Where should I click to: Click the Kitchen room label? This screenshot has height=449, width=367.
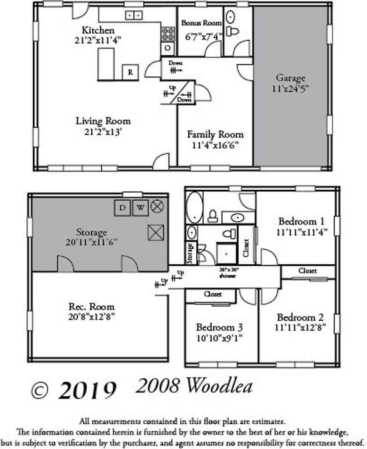(98, 30)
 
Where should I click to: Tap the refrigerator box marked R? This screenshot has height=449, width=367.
(130, 72)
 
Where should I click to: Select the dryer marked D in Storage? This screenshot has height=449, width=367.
(123, 207)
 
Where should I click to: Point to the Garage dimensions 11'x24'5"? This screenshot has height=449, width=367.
(290, 87)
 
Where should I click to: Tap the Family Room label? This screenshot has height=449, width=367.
(215, 134)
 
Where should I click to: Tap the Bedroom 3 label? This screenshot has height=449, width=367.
(219, 326)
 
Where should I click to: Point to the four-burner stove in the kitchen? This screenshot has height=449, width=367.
(168, 33)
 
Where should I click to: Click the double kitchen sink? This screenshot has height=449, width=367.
(134, 15)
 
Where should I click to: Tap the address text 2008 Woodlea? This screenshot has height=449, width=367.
(194, 386)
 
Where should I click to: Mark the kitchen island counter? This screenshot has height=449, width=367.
(106, 65)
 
